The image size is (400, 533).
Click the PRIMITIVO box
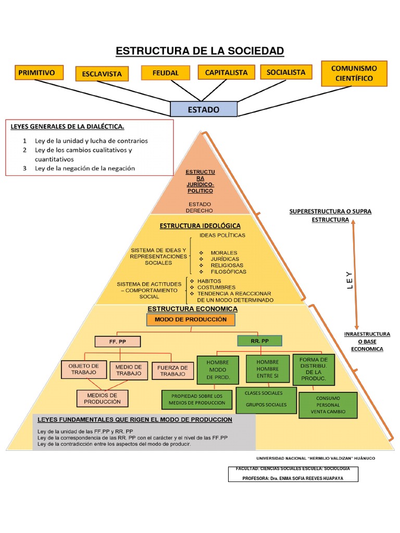pyautogui.click(x=40, y=73)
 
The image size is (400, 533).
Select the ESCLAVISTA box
pyautogui.click(x=102, y=74)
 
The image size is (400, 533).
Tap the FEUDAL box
pyautogui.click(x=166, y=73)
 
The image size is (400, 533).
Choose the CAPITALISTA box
pyautogui.click(x=226, y=72)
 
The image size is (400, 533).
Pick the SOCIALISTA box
pyautogui.click(x=286, y=72)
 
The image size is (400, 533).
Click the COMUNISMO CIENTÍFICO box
pyautogui.click(x=354, y=73)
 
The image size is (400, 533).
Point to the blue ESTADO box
pyautogui.click(x=204, y=109)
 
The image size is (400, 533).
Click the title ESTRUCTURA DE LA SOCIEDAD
pyautogui.click(x=199, y=50)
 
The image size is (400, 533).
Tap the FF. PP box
pyautogui.click(x=118, y=341)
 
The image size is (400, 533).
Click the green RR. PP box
pyautogui.click(x=259, y=341)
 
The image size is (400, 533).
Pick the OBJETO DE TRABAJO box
pyautogui.click(x=84, y=370)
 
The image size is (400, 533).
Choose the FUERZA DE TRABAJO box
pyautogui.click(x=172, y=371)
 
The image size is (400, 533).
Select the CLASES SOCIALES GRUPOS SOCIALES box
pyautogui.click(x=266, y=399)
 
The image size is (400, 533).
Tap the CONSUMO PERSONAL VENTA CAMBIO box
pyautogui.click(x=328, y=405)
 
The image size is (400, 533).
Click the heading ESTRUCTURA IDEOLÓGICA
pyautogui.click(x=200, y=226)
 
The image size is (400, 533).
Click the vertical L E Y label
pyautogui.click(x=349, y=280)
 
